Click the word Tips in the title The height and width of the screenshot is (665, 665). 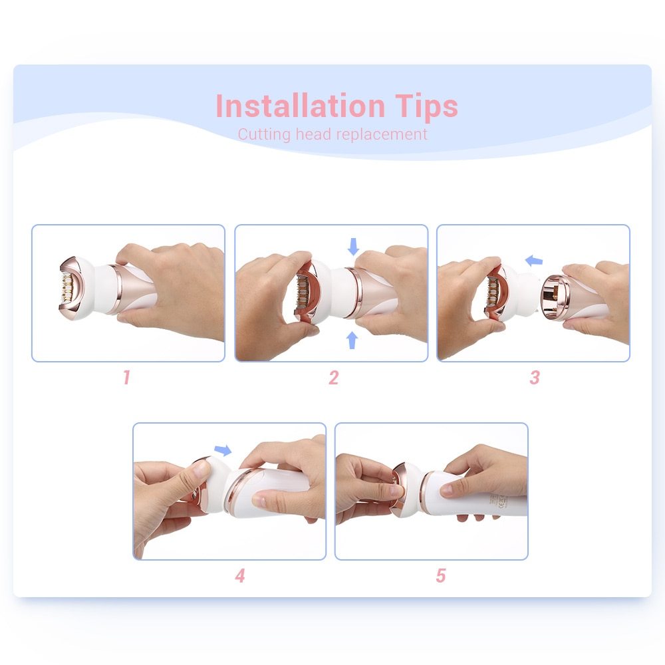[424, 106]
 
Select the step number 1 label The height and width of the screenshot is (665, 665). [126, 378]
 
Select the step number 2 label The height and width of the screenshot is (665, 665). [333, 378]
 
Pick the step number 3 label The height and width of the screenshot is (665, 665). [535, 378]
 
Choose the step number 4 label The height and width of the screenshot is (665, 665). [239, 576]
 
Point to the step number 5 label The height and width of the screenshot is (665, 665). [440, 576]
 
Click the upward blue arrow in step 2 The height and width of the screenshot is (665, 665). [352, 340]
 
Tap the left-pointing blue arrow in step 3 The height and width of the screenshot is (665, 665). [533, 261]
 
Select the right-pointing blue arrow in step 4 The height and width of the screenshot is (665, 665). [223, 451]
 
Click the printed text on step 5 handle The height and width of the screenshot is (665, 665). [497, 500]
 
